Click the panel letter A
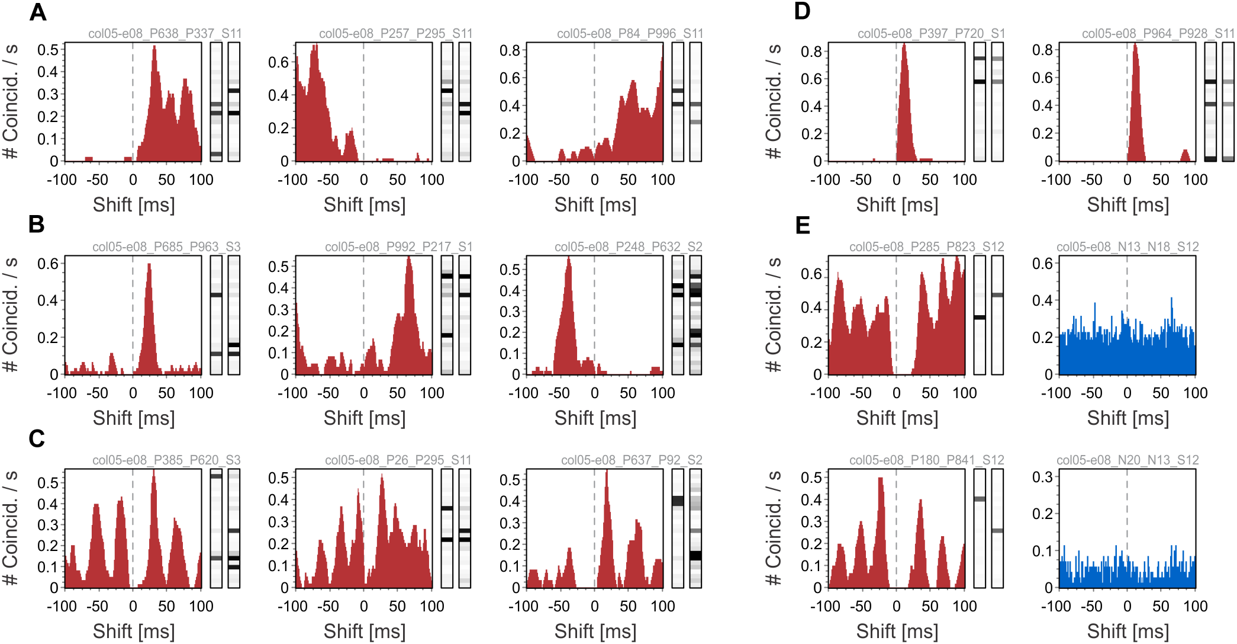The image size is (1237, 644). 38,12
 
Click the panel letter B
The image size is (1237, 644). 37,225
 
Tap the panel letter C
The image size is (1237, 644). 37,438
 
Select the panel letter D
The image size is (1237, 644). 802,11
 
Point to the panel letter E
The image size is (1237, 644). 803,225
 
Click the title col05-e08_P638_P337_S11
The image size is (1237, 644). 165,34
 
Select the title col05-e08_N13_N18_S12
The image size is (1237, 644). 1128,247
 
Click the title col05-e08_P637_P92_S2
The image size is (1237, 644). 632,460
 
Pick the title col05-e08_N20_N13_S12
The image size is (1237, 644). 1128,460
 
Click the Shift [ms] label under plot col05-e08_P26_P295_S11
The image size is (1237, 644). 365,632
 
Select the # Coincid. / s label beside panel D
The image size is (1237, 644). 774,101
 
